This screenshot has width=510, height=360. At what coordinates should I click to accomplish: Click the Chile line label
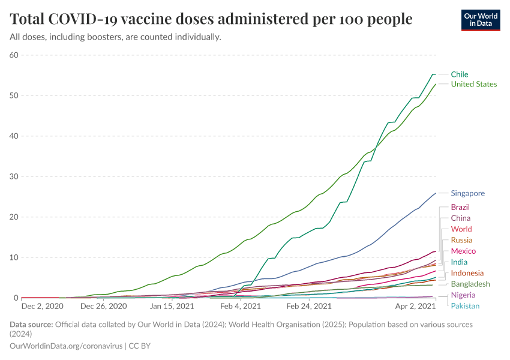click(460, 74)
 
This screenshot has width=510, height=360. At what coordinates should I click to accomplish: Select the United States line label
click(473, 84)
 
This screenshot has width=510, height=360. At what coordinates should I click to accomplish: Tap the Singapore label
click(467, 193)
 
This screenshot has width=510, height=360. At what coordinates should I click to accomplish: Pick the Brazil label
click(460, 207)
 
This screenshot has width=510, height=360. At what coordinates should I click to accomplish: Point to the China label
click(460, 218)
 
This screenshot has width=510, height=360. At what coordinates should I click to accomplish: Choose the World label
click(461, 229)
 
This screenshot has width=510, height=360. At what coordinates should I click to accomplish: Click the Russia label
click(461, 240)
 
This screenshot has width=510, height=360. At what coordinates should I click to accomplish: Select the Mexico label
click(463, 251)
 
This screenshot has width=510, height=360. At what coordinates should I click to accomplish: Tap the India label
click(459, 262)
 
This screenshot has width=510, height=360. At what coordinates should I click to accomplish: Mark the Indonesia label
click(467, 273)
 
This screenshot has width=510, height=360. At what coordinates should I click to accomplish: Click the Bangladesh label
click(470, 284)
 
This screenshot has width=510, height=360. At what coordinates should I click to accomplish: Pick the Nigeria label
click(463, 295)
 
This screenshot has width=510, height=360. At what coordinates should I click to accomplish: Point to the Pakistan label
click(465, 306)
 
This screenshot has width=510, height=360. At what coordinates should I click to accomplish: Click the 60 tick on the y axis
click(14, 55)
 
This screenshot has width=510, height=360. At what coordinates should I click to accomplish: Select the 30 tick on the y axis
click(14, 176)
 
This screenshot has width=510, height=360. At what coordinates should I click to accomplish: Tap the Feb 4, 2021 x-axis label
click(240, 306)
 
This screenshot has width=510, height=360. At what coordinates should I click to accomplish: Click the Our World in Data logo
click(481, 20)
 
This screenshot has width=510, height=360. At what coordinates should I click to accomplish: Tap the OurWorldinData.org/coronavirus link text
click(67, 346)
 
